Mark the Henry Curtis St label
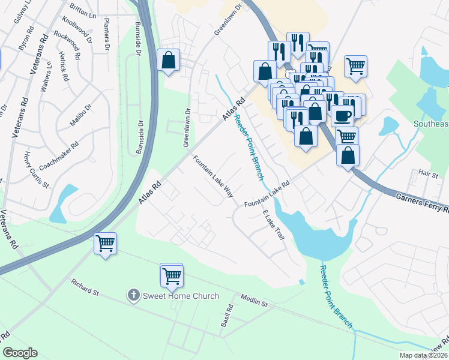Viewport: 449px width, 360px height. click(x=35, y=170)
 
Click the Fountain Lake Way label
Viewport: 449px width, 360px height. click(x=212, y=176)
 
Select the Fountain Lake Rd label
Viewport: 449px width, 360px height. click(x=267, y=195)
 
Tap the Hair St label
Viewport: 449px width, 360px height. click(x=429, y=174)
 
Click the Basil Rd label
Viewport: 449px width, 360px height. click(x=227, y=316)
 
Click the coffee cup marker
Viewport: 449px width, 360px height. click(x=342, y=116)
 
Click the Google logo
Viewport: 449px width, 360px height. click(x=20, y=353)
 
